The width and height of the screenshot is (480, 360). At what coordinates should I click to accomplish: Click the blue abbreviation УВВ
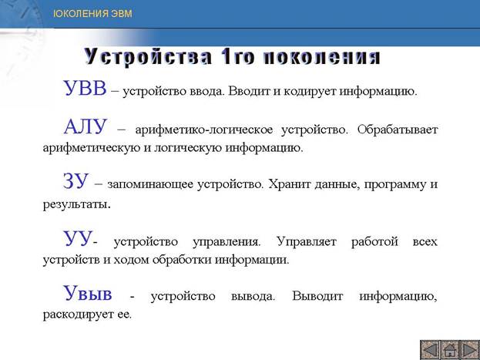pyautogui.click(x=85, y=88)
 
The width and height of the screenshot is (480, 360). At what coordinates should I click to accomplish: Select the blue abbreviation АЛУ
pyautogui.click(x=86, y=126)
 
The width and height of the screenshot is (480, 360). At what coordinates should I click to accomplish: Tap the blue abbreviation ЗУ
pyautogui.click(x=76, y=181)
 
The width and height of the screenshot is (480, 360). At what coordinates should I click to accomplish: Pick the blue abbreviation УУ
pyautogui.click(x=78, y=239)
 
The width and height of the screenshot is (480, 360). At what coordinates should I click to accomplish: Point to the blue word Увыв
pyautogui.click(x=88, y=293)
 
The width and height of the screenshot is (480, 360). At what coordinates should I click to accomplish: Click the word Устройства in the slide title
pyautogui.click(x=148, y=57)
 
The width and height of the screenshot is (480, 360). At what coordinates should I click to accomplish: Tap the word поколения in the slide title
pyautogui.click(x=321, y=57)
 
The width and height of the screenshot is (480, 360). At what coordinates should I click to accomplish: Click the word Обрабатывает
pyautogui.click(x=398, y=130)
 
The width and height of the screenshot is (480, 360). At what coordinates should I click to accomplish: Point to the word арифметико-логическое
pyautogui.click(x=204, y=130)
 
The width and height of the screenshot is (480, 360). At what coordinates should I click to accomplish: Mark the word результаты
pyautogui.click(x=76, y=204)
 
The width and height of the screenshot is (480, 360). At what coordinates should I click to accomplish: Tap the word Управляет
pyautogui.click(x=307, y=242)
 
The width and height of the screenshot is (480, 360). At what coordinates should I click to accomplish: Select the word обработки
pyautogui.click(x=182, y=260)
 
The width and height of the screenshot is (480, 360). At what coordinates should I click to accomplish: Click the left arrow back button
pyautogui.click(x=430, y=350)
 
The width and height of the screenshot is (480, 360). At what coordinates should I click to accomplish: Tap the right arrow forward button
pyautogui.click(x=469, y=350)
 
